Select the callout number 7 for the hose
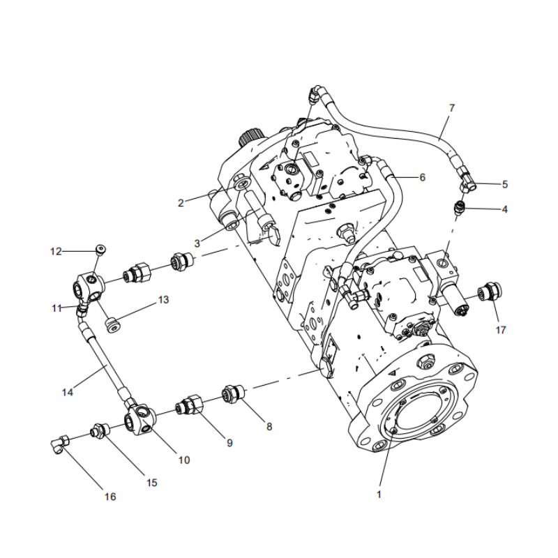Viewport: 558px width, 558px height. (x=451, y=109)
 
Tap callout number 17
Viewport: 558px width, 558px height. (x=499, y=330)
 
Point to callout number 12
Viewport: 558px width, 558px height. (x=56, y=250)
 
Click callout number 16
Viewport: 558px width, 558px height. (x=110, y=497)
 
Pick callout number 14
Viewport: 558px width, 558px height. (x=67, y=392)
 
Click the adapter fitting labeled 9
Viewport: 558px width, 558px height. (x=190, y=405)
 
